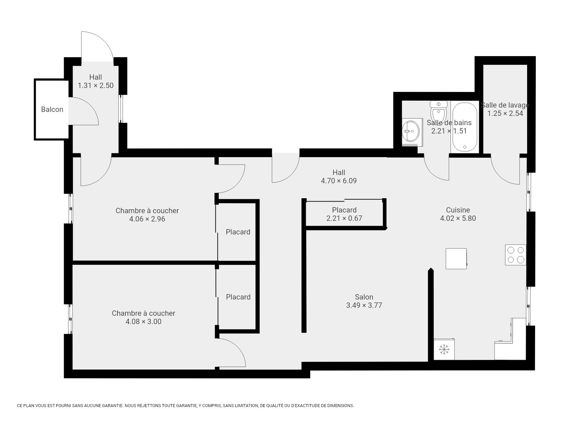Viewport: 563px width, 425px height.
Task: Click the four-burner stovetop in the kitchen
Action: point(516,255)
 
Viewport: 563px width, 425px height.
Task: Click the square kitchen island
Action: point(456,258)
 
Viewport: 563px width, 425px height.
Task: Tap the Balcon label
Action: point(52,109)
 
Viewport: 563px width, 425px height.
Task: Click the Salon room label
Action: point(364,297)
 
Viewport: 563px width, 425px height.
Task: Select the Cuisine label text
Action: point(458,210)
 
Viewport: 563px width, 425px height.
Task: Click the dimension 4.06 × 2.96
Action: point(147,219)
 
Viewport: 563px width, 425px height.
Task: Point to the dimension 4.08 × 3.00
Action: point(143,321)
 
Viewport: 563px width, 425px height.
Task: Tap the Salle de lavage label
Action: point(505,105)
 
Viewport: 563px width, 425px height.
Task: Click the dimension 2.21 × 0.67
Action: point(344,218)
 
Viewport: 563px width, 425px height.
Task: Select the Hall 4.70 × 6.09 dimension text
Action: point(339,181)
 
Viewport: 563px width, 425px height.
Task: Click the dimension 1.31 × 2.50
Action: point(96,85)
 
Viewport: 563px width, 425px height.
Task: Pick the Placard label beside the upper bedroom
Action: point(238,232)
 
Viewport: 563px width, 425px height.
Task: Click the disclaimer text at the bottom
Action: point(185,405)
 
